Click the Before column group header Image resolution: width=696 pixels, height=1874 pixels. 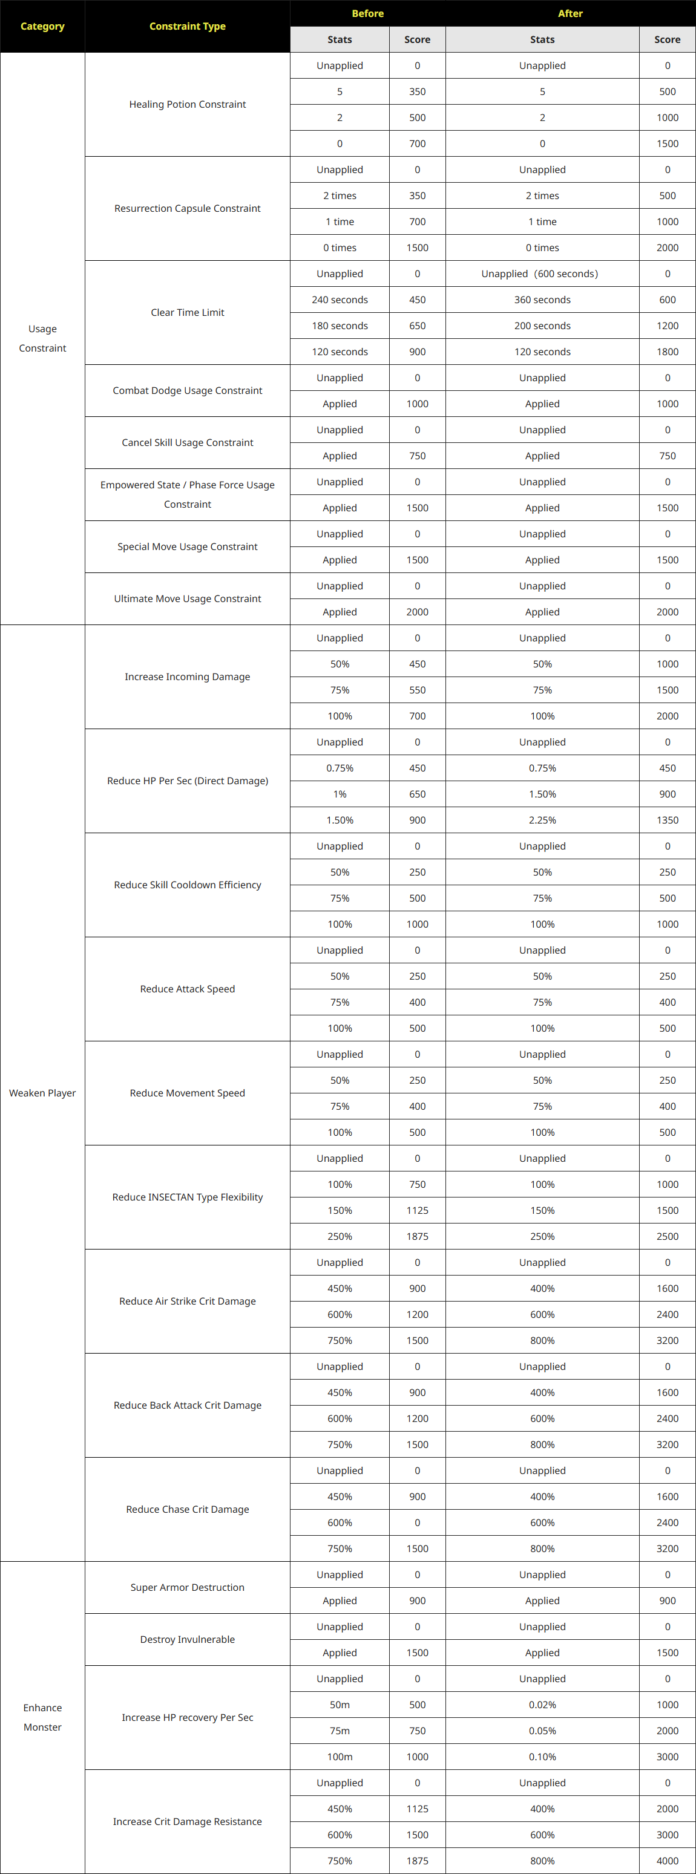click(367, 13)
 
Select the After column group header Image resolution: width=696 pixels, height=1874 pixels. click(570, 13)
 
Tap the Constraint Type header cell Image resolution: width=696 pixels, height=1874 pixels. click(187, 26)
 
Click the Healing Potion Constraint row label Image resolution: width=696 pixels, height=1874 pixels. click(187, 104)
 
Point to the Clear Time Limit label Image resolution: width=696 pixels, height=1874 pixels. click(187, 312)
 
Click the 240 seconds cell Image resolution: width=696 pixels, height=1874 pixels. click(340, 300)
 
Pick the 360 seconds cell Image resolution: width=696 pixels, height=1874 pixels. click(542, 300)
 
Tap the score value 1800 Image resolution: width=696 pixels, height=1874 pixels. click(667, 352)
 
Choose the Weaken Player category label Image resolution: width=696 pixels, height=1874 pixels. click(42, 1093)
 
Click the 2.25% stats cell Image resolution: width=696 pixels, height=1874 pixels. click(542, 820)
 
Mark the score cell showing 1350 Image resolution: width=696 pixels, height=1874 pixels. click(667, 820)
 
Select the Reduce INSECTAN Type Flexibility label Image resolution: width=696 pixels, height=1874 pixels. click(187, 1197)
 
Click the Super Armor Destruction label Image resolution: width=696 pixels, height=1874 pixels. click(187, 1587)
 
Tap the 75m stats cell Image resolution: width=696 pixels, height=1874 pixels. click(340, 1730)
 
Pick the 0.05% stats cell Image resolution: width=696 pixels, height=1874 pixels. click(542, 1730)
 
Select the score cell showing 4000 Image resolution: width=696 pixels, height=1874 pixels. click(667, 1860)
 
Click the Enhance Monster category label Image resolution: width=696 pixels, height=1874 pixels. click(42, 1717)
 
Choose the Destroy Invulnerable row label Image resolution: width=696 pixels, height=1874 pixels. click(187, 1639)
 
